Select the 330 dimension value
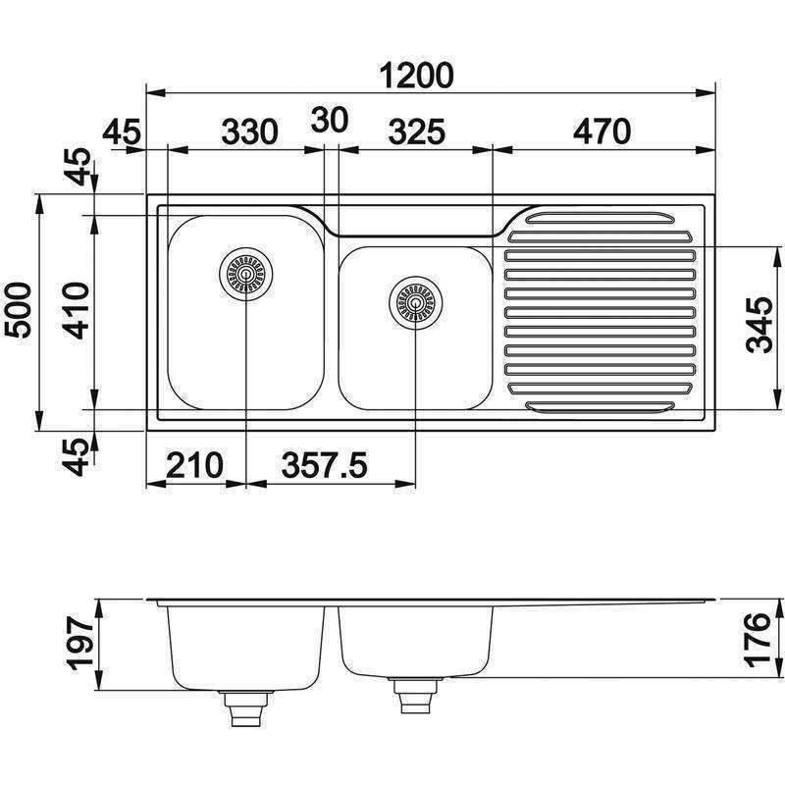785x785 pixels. coord(249,131)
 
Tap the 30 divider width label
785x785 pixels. coord(330,121)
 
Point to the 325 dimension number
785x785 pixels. coord(416,131)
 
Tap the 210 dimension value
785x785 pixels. coord(194,463)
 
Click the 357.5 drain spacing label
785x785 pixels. coord(324,463)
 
